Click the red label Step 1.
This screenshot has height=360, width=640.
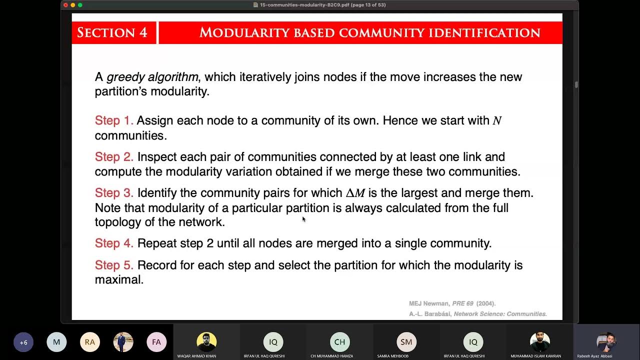(x=114, y=120)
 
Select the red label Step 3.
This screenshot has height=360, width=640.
(x=114, y=193)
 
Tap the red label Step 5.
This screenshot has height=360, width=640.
(x=114, y=265)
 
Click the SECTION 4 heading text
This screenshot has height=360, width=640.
(x=112, y=33)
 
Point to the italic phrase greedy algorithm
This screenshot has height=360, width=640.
(x=152, y=77)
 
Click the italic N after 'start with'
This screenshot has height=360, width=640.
(x=497, y=121)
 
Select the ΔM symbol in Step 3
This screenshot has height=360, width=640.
(x=355, y=193)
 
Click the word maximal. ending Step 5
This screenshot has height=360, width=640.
(x=119, y=279)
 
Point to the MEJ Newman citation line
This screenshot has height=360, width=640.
(x=452, y=303)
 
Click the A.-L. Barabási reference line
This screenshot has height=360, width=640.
(x=477, y=314)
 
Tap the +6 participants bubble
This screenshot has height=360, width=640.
(x=23, y=342)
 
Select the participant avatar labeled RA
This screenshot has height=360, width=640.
(x=90, y=342)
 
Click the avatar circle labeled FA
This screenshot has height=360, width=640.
(x=156, y=342)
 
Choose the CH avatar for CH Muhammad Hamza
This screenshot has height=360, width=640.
(x=340, y=342)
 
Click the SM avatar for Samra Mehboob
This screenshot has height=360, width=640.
(x=406, y=342)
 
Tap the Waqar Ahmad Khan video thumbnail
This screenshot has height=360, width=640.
(x=206, y=342)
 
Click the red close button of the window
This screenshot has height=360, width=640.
(x=65, y=5)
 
